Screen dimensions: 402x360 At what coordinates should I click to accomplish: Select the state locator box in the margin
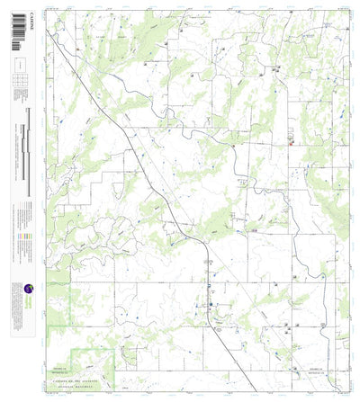coord(20,66)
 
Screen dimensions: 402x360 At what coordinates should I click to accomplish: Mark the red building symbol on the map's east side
coord(291,140)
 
